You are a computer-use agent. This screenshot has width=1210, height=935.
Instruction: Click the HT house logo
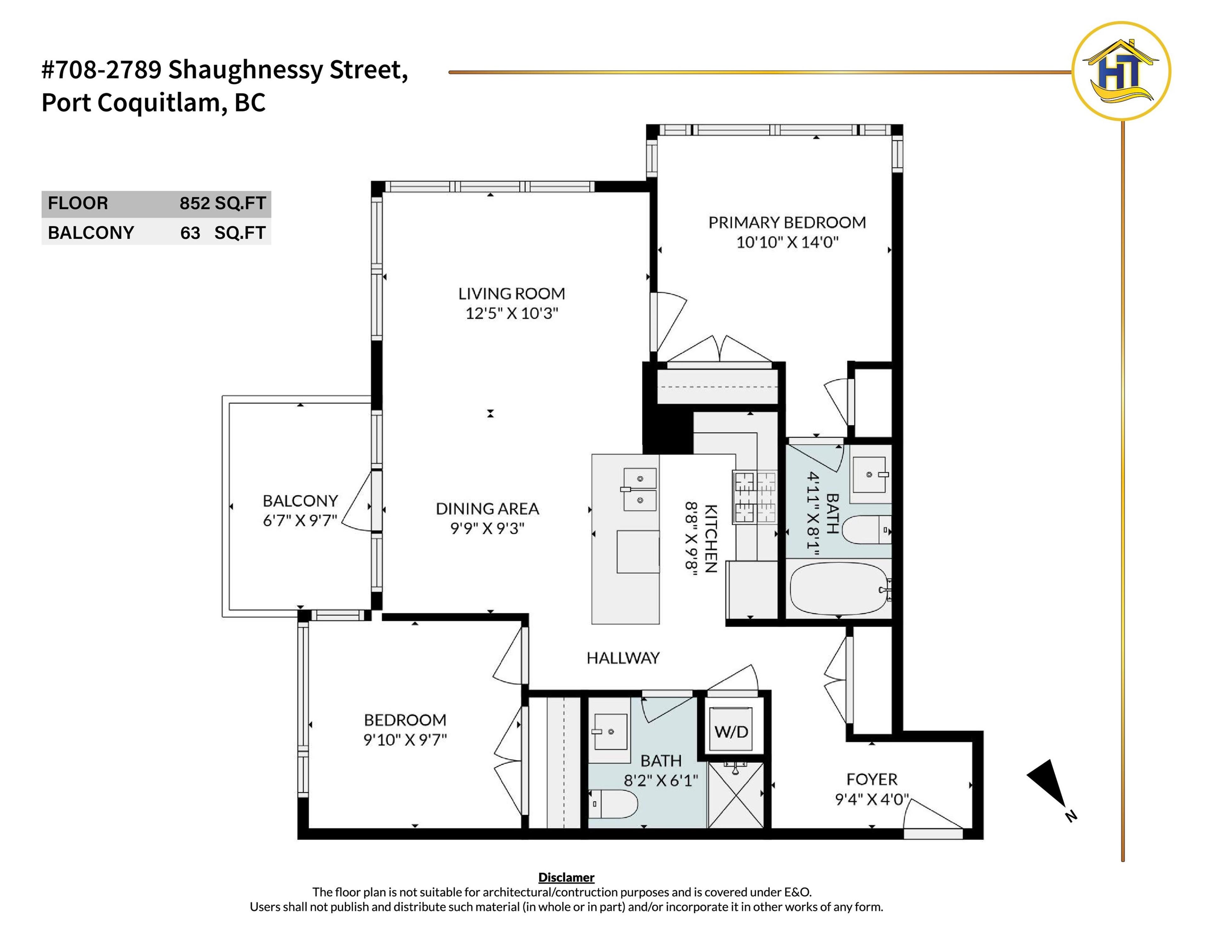point(1121,71)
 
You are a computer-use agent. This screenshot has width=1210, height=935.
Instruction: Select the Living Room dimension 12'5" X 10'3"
point(511,313)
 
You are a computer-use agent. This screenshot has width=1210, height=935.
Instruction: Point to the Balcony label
point(300,501)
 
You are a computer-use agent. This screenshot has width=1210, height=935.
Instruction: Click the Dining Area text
point(487,508)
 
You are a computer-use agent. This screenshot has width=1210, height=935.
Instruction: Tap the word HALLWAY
point(623,658)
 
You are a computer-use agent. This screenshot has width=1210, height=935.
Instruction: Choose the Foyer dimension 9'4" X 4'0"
point(872,799)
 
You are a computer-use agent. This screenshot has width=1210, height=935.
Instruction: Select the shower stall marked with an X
point(735,796)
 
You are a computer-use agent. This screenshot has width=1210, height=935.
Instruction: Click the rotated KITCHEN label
point(711,538)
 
